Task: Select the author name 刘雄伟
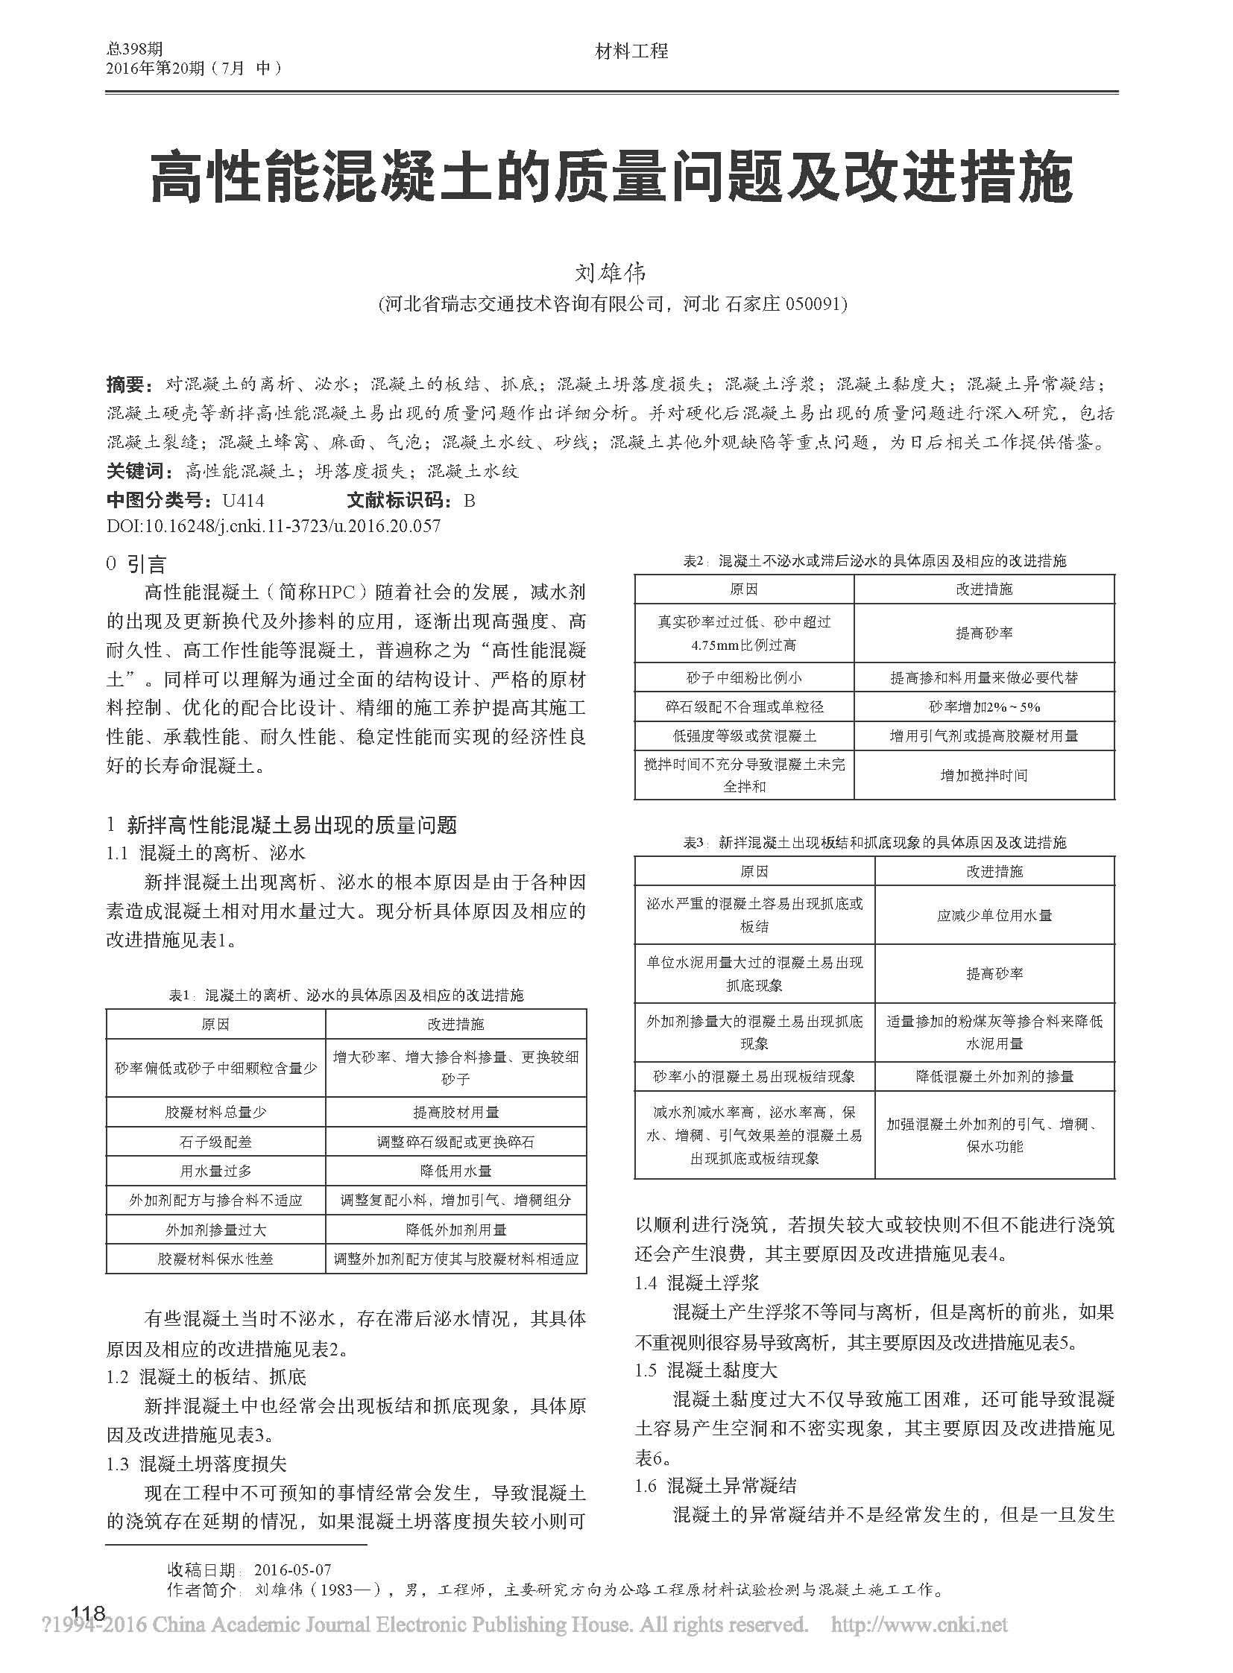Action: click(x=612, y=271)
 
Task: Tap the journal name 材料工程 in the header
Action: click(x=631, y=51)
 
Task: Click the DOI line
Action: click(x=274, y=526)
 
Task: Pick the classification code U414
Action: click(x=239, y=500)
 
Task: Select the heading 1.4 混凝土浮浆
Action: click(x=697, y=1283)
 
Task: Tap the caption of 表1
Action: click(x=347, y=996)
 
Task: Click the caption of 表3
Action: click(x=874, y=844)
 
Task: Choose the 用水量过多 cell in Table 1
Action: click(x=215, y=1171)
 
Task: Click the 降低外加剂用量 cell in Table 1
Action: click(x=456, y=1230)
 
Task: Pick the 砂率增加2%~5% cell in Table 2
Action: click(x=984, y=706)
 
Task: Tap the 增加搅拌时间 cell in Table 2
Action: click(x=984, y=776)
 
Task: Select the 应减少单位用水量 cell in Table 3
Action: click(x=994, y=916)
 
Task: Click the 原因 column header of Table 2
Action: click(x=743, y=589)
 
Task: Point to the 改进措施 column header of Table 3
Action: click(x=994, y=872)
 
